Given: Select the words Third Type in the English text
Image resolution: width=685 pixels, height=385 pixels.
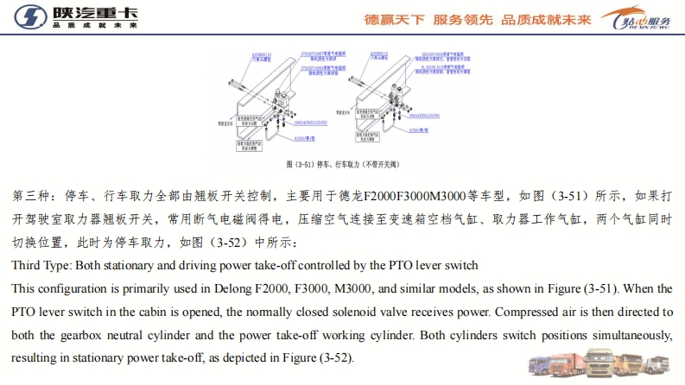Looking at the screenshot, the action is (43, 264).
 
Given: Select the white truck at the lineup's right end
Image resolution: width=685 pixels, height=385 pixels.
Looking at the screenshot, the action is (658, 364).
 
